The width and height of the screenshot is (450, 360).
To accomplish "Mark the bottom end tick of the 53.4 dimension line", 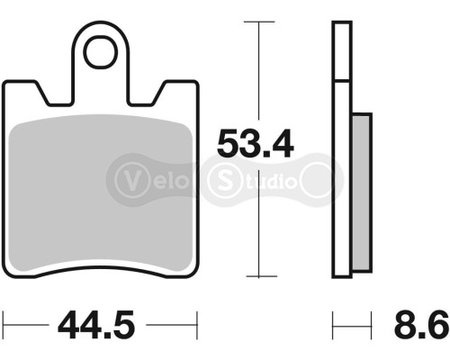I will coord(258,276).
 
